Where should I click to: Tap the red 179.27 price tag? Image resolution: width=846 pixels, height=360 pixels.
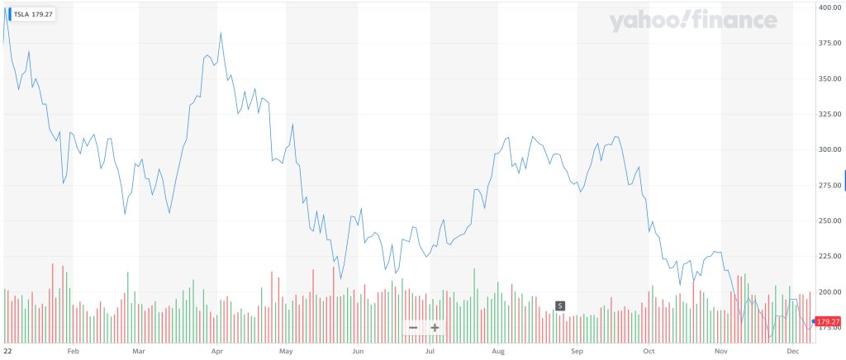[x=827, y=321]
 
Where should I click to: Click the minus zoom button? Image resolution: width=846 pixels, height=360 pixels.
[x=412, y=328]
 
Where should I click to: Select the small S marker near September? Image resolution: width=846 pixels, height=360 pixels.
[x=559, y=306]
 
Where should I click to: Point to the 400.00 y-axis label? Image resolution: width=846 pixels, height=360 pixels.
[x=829, y=7]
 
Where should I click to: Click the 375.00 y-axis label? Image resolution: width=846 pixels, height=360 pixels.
[x=829, y=44]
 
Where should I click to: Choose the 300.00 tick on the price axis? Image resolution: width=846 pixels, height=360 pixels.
[x=829, y=150]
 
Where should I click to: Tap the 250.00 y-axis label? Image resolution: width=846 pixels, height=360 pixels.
[x=829, y=221]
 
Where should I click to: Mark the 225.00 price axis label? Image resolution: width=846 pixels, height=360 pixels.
[x=829, y=257]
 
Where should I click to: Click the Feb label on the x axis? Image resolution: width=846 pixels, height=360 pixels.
[x=73, y=352]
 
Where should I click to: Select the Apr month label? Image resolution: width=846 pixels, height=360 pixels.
[x=217, y=352]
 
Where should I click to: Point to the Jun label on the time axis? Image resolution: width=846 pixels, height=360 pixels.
[x=358, y=352]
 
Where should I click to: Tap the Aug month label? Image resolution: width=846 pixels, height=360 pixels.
[x=498, y=352]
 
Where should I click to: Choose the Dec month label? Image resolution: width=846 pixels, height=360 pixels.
[x=793, y=352]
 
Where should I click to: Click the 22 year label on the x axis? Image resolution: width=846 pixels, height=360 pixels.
[x=7, y=352]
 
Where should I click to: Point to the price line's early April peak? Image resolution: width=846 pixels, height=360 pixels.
[x=221, y=33]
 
